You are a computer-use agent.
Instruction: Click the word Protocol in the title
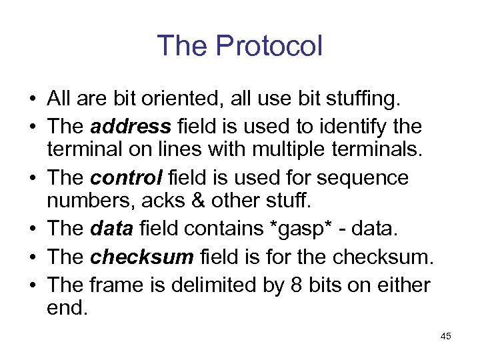(x=269, y=46)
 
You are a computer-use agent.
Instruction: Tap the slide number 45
(x=446, y=337)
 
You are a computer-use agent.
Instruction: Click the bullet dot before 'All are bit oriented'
(x=32, y=101)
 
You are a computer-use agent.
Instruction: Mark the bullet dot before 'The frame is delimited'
(x=32, y=285)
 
